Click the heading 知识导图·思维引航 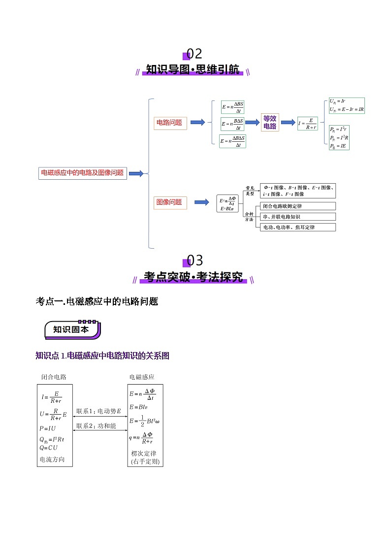[193, 70]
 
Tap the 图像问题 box [169, 202]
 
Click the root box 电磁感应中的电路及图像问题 [82, 173]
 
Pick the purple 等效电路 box [270, 122]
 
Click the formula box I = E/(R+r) [308, 123]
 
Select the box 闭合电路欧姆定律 [297, 206]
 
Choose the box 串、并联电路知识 [297, 217]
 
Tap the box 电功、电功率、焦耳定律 [297, 227]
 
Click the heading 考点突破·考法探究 [194, 277]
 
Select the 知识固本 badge [72, 329]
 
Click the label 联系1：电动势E [99, 411]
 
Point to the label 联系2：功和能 [97, 426]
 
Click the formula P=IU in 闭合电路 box [49, 428]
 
